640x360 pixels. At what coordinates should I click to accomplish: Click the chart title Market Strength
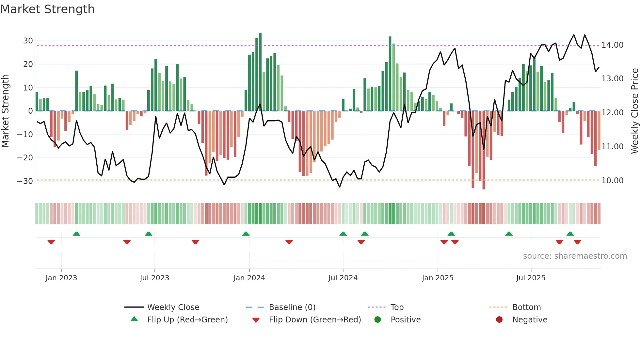coord(47,9)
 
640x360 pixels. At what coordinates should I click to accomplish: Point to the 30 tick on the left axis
coord(28,41)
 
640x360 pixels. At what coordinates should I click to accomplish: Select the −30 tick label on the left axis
coord(25,181)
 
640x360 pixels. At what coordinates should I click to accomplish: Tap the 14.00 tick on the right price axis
coord(612,45)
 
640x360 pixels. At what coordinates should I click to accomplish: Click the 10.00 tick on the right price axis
coord(612,180)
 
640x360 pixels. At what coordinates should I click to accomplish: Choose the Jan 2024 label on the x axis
coord(249,278)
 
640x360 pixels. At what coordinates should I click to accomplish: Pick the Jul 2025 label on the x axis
coord(531,278)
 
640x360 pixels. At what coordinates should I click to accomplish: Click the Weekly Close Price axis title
coord(634,111)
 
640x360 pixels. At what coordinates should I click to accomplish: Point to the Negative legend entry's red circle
coord(499,319)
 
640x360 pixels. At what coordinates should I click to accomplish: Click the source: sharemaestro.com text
coord(575,256)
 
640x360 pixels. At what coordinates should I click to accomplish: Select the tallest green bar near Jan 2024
coord(260,72)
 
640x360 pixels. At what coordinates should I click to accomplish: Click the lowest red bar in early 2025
coord(484,150)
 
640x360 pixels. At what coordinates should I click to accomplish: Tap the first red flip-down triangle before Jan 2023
coord(51,242)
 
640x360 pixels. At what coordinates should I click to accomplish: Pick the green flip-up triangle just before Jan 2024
coord(246,234)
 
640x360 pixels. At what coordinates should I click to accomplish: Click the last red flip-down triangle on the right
coord(577,242)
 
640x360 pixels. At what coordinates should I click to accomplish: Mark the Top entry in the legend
coord(397,307)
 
